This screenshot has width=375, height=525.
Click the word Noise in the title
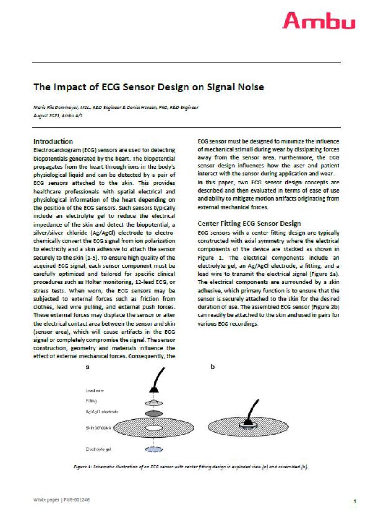(247, 87)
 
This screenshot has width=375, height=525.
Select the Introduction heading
(53, 141)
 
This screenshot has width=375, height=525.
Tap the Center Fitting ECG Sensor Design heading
(249, 224)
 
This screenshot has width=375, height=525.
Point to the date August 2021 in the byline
(50, 116)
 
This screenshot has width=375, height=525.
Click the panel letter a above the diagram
(88, 367)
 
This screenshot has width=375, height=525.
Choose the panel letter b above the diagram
(212, 367)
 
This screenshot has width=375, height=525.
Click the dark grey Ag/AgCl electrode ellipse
(154, 413)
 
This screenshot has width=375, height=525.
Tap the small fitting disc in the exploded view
(154, 402)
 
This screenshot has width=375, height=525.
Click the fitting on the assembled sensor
(248, 423)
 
